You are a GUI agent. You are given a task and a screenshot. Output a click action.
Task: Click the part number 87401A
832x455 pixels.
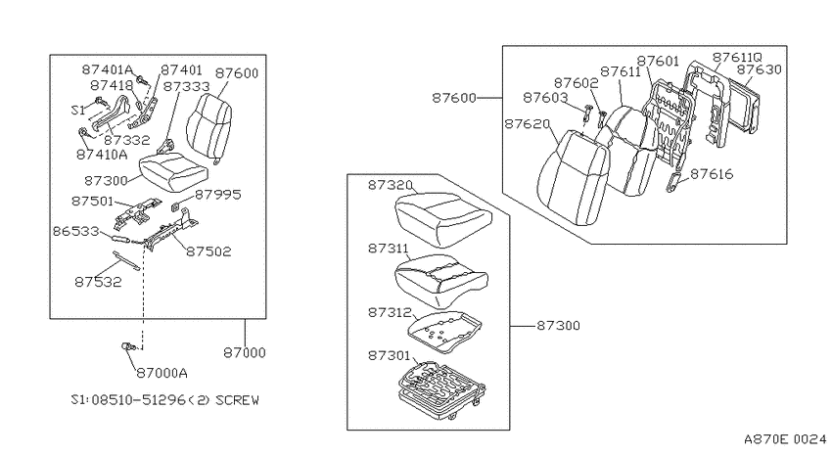tap(108, 69)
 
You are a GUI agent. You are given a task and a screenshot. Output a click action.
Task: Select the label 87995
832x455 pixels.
tap(218, 195)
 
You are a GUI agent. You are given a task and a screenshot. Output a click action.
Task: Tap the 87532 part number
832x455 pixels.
tap(98, 282)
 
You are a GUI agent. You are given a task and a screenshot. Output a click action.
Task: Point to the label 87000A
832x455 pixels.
tap(162, 374)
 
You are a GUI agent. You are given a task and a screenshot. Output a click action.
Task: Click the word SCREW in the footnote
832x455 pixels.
tap(237, 400)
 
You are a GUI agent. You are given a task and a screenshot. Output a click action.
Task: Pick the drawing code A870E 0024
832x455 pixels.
tap(785, 439)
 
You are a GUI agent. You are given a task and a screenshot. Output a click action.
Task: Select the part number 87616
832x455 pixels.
tap(712, 174)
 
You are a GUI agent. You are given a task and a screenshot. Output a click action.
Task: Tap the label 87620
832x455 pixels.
tap(527, 124)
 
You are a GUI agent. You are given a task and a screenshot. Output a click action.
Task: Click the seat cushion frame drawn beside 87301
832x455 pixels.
tap(441, 387)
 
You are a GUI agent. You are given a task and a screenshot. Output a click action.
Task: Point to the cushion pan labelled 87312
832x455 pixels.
tap(444, 332)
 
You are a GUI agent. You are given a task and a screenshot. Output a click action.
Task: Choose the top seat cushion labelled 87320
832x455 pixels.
tap(443, 218)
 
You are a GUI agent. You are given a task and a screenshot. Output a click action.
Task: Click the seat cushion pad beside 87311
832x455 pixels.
tap(440, 280)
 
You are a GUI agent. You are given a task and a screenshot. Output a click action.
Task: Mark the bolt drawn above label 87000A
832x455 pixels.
tap(129, 346)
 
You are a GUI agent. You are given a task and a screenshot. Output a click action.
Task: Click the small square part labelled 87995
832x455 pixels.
tap(175, 205)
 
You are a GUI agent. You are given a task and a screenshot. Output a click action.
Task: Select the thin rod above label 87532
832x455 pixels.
tap(125, 260)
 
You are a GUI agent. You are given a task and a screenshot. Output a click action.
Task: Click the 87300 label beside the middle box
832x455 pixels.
tap(558, 326)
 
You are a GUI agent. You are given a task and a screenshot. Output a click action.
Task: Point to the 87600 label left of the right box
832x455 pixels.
tap(454, 98)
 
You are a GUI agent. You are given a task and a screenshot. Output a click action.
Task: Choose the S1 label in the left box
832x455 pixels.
tap(78, 111)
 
